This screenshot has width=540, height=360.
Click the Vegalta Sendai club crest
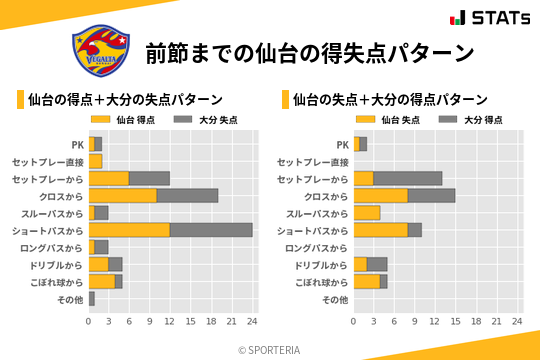pyautogui.click(x=101, y=51)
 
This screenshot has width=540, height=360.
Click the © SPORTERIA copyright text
pyautogui.click(x=269, y=350)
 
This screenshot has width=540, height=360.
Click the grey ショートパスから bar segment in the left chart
pyautogui.click(x=211, y=229)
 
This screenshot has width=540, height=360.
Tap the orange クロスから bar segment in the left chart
pyautogui.click(x=123, y=195)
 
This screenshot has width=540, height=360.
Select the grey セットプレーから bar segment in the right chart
pyautogui.click(x=408, y=178)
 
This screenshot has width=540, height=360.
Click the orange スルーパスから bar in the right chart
pyautogui.click(x=367, y=212)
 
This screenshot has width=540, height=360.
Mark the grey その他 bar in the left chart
pyautogui.click(x=92, y=298)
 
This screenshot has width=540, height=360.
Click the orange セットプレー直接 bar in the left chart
pyautogui.click(x=96, y=161)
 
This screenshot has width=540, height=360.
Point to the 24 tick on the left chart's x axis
pyautogui.click(x=253, y=321)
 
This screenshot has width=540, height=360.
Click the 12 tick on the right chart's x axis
pyautogui.click(x=436, y=321)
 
